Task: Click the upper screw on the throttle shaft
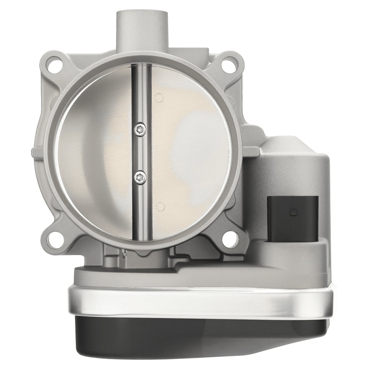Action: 140,129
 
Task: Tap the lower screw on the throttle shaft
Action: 140,177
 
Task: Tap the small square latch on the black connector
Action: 293,212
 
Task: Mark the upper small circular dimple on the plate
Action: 159,98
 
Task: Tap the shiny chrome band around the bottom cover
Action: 199,300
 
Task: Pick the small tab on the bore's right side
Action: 250,151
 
